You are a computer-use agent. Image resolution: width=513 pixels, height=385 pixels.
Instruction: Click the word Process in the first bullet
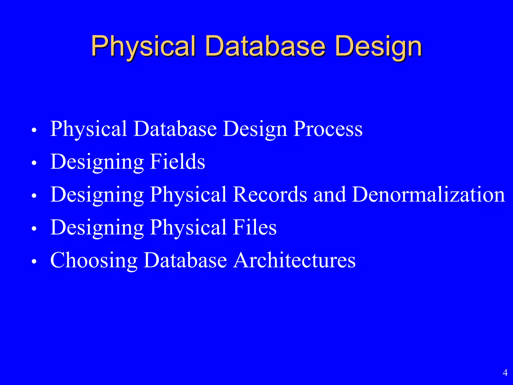[x=328, y=129]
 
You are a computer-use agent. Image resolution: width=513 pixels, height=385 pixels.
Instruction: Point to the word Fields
[x=177, y=162]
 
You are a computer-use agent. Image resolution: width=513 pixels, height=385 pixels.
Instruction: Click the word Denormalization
[x=429, y=195]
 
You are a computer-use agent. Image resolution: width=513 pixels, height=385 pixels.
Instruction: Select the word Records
[x=270, y=195]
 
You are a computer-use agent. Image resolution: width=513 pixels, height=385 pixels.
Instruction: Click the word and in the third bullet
[x=330, y=195]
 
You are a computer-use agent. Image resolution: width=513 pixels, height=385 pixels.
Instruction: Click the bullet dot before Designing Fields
[x=34, y=163]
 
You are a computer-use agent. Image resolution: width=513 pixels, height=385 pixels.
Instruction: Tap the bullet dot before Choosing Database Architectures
[x=34, y=261]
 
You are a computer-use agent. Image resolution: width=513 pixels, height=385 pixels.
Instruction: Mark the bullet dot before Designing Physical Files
[x=34, y=229]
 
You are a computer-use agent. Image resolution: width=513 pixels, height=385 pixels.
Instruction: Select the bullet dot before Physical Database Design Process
[x=34, y=130]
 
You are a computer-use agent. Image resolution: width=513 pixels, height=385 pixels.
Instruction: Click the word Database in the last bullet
[x=185, y=260]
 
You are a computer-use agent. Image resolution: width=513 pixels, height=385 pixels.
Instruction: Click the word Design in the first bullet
[x=255, y=129]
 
